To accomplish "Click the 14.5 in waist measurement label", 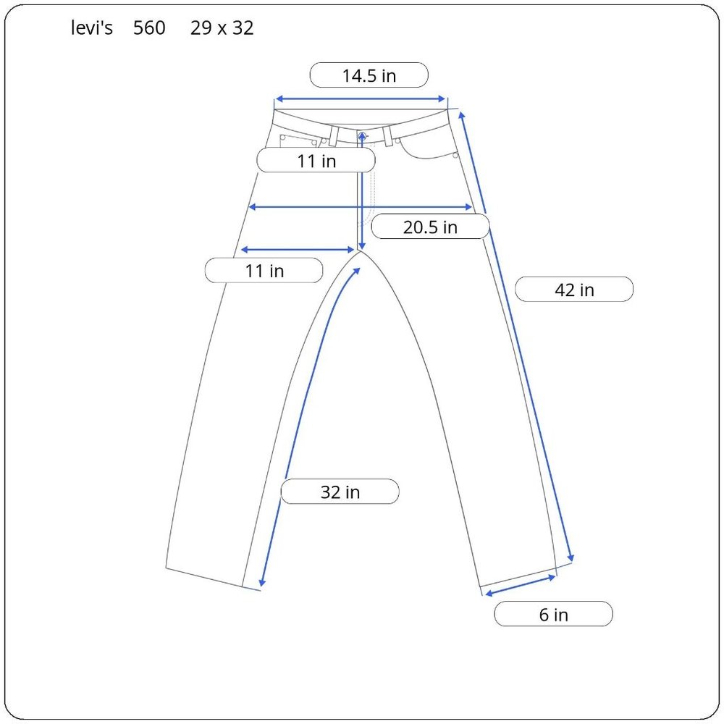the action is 369,75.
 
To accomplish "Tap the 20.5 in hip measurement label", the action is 430,227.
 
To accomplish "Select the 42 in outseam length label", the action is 574,290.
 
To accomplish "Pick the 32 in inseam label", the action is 340,492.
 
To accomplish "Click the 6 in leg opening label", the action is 553,614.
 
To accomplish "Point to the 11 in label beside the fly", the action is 316,161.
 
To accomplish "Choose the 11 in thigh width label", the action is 264,271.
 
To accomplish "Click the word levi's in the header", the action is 92,28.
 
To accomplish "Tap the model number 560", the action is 149,28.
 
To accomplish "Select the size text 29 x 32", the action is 222,28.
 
